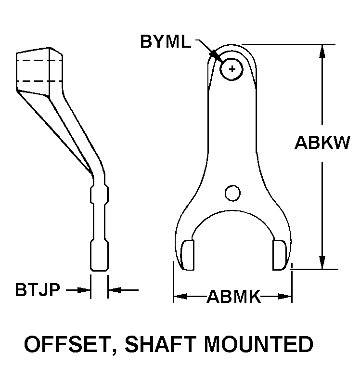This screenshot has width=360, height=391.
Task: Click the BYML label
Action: pos(165,41)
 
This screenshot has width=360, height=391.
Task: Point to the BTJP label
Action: pos(38,290)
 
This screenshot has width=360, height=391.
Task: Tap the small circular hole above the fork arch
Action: pos(232,193)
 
